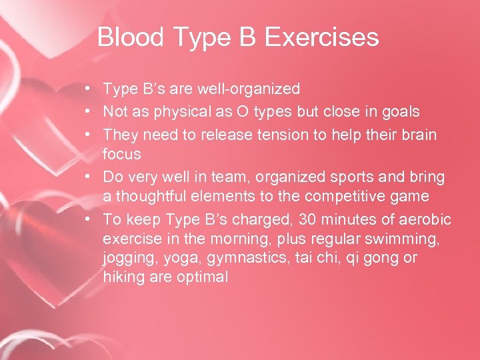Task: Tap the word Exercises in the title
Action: (x=322, y=37)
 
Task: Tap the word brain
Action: (x=418, y=135)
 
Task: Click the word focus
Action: (x=121, y=154)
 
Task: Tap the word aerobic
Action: (x=427, y=219)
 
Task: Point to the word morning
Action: (x=225, y=239)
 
